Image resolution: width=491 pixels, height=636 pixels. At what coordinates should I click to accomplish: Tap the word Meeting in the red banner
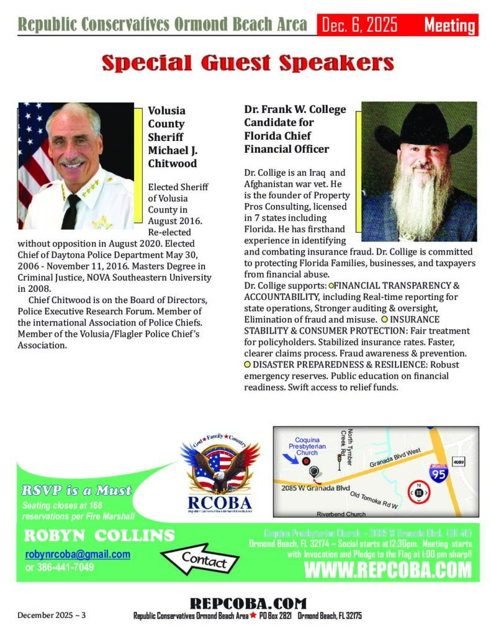pos(449,25)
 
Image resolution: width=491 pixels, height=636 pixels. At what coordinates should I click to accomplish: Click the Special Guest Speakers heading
pos(248,63)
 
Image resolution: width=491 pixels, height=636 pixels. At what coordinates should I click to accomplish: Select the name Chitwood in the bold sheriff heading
pos(172,163)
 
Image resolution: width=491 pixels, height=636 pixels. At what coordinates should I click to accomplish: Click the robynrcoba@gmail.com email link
pos(78,554)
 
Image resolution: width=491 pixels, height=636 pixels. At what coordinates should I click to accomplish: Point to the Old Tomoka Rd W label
pos(374,499)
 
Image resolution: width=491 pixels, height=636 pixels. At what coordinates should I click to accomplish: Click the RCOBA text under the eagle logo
pos(220,501)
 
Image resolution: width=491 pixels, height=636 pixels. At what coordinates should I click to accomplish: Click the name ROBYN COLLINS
pos(99,536)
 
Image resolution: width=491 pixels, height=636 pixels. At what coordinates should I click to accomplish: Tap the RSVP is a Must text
pos(76,491)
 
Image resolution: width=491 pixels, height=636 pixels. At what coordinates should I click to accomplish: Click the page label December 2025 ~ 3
pos(52,615)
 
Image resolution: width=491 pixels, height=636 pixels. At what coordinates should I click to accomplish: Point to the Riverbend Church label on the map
pos(341,514)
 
